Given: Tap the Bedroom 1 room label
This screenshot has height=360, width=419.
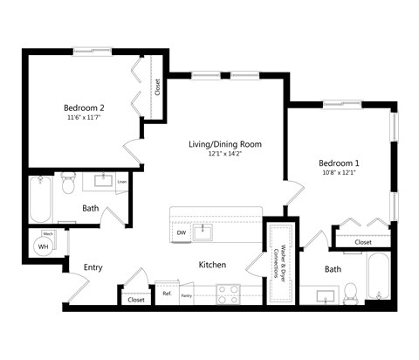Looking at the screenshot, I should [339, 163].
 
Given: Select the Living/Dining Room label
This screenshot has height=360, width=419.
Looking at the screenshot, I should [224, 143].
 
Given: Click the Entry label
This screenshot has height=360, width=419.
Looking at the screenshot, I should [94, 267].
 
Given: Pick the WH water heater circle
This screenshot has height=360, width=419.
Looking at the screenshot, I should [42, 247].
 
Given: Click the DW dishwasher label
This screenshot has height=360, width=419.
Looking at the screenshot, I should [181, 233].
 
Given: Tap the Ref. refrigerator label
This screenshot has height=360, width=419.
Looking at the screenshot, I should [167, 294].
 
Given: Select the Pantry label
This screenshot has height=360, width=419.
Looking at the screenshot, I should [186, 296].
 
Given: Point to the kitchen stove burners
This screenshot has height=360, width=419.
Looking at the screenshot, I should [229, 294].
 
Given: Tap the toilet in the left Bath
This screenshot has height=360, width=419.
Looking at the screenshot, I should [69, 186].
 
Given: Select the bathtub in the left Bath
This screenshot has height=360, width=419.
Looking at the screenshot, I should [40, 200].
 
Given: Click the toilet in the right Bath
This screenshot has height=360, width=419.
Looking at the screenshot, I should [352, 292].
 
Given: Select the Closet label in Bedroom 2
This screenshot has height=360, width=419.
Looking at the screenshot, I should [157, 87].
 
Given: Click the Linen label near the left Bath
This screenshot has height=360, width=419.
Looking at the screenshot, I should [122, 183].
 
